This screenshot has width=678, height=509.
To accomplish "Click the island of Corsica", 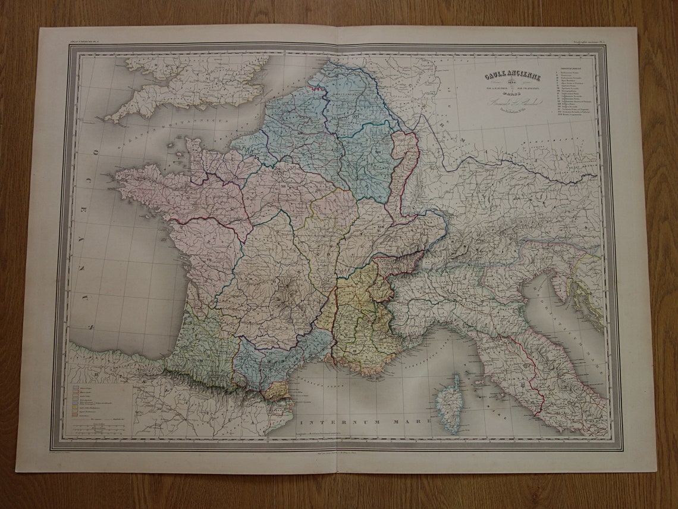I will (x=450, y=403).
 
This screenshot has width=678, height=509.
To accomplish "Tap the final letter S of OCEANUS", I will (x=90, y=326).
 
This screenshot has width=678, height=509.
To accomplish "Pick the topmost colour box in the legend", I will (x=77, y=386).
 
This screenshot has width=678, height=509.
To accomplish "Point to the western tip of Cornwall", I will (x=108, y=119).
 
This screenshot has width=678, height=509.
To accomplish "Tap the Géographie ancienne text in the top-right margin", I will (x=589, y=41).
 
